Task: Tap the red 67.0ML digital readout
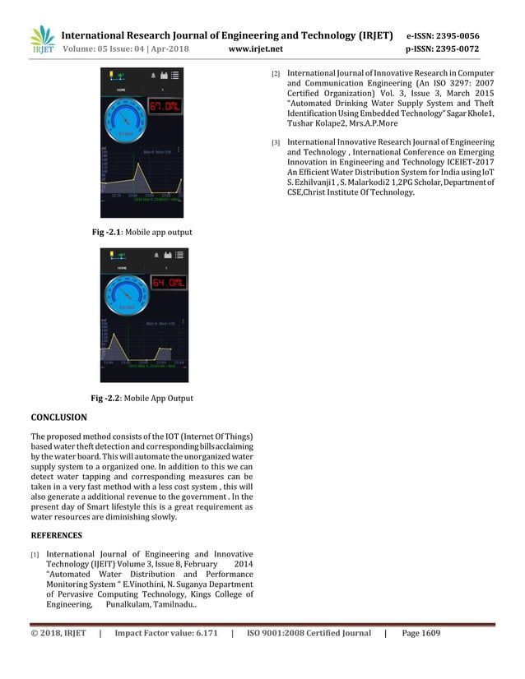(165, 108)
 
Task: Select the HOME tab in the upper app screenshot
(122, 88)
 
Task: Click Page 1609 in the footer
(421, 634)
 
